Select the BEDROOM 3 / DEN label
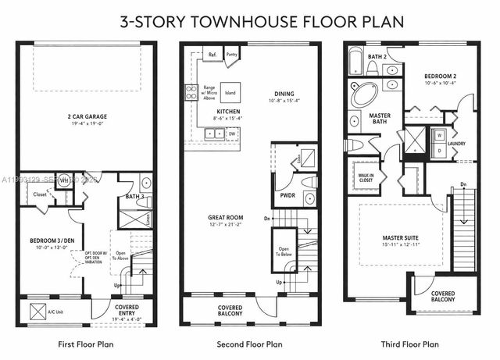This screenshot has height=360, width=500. point(48,241)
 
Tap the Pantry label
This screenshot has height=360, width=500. point(231,55)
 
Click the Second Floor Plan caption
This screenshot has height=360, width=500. point(250,344)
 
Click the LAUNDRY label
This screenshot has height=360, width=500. point(457,143)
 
